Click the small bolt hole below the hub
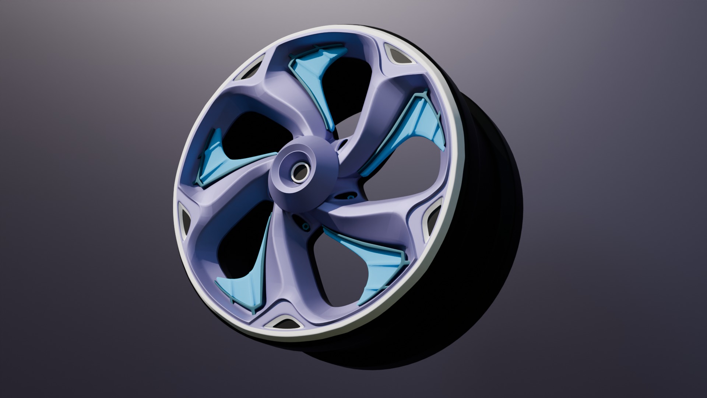coord(305,225)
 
